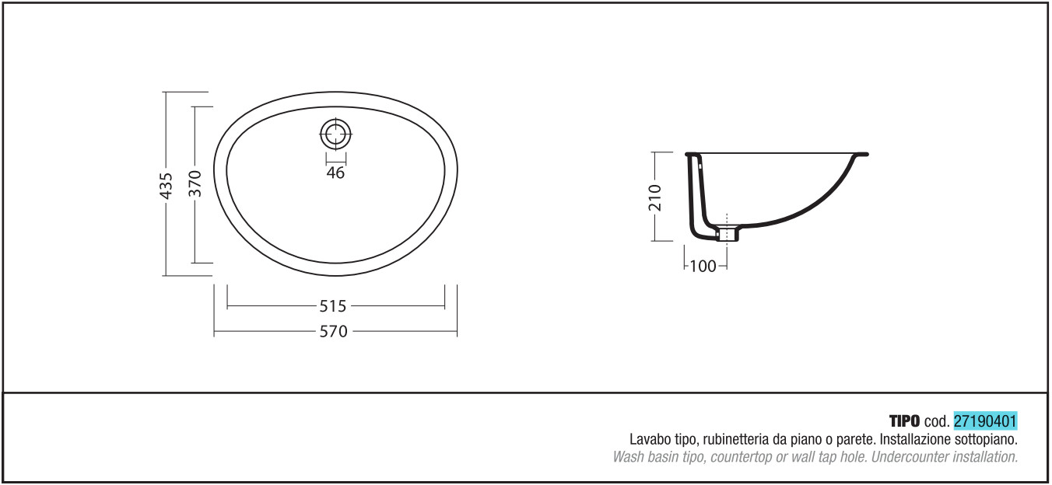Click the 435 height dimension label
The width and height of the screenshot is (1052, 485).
click(167, 186)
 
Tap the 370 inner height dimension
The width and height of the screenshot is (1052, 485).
click(195, 184)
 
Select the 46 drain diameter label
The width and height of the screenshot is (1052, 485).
click(335, 173)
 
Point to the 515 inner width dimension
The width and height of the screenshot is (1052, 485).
click(332, 306)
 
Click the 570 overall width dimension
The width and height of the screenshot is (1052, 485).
click(334, 332)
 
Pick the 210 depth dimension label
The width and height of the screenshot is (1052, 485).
click(654, 197)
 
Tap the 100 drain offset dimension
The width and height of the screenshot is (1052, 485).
click(703, 267)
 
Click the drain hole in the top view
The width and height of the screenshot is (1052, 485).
click(335, 134)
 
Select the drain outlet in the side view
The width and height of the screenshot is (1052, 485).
click(728, 233)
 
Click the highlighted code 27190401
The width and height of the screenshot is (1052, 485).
click(985, 421)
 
